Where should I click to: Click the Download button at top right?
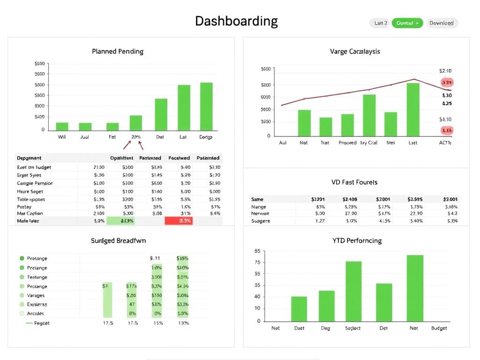tap(442, 23)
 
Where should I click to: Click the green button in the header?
tap(407, 23)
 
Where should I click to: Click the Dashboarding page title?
tap(236, 21)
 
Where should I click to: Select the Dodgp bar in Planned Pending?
tap(206, 106)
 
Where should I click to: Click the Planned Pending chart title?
tap(118, 51)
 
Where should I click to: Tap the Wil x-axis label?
tap(62, 137)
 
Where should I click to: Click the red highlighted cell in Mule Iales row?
tap(179, 221)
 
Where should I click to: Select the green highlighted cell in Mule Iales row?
tap(121, 221)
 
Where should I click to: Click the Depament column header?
tap(29, 158)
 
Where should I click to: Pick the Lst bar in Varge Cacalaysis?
tap(413, 110)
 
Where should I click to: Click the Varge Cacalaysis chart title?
tap(355, 51)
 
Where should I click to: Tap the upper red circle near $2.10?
tap(447, 82)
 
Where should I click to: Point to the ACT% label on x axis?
tap(445, 143)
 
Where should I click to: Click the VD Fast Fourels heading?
tap(354, 182)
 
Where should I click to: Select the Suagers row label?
tap(261, 221)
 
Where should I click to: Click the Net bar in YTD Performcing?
tap(415, 288)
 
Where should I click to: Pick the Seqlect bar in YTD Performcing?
tap(353, 291)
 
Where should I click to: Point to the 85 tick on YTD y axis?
tap(257, 251)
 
